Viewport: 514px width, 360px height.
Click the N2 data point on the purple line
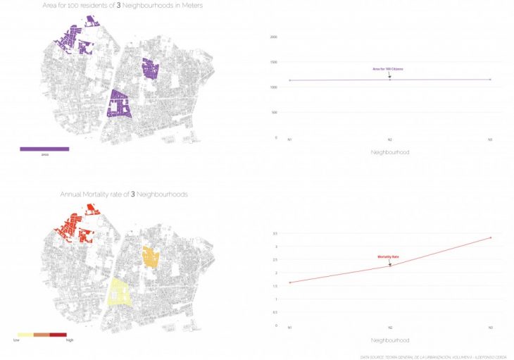pyautogui.click(x=390, y=79)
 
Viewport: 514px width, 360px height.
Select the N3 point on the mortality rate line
pyautogui.click(x=490, y=237)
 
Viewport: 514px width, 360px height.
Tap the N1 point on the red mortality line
pyautogui.click(x=290, y=283)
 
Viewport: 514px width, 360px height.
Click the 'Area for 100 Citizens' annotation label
pyautogui.click(x=387, y=68)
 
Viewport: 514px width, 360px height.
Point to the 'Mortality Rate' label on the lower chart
pyautogui.click(x=388, y=257)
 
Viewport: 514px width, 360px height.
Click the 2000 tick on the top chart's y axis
pyautogui.click(x=274, y=37)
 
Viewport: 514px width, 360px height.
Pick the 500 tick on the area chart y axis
pyautogui.click(x=275, y=113)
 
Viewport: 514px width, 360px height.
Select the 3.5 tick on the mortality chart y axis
pyautogui.click(x=275, y=233)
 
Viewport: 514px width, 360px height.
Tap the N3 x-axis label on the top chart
pyautogui.click(x=490, y=139)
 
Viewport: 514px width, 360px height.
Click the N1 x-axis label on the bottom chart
pyautogui.click(x=289, y=327)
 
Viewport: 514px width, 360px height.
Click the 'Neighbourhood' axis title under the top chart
pyautogui.click(x=389, y=152)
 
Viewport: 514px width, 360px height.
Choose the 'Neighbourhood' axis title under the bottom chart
pyautogui.click(x=389, y=340)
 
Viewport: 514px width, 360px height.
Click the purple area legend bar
pyautogui.click(x=44, y=149)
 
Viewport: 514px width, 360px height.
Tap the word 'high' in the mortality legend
pyautogui.click(x=70, y=340)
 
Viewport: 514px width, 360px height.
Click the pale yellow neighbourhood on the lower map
pyautogui.click(x=119, y=292)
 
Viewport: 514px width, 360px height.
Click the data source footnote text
pyautogui.click(x=434, y=356)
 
